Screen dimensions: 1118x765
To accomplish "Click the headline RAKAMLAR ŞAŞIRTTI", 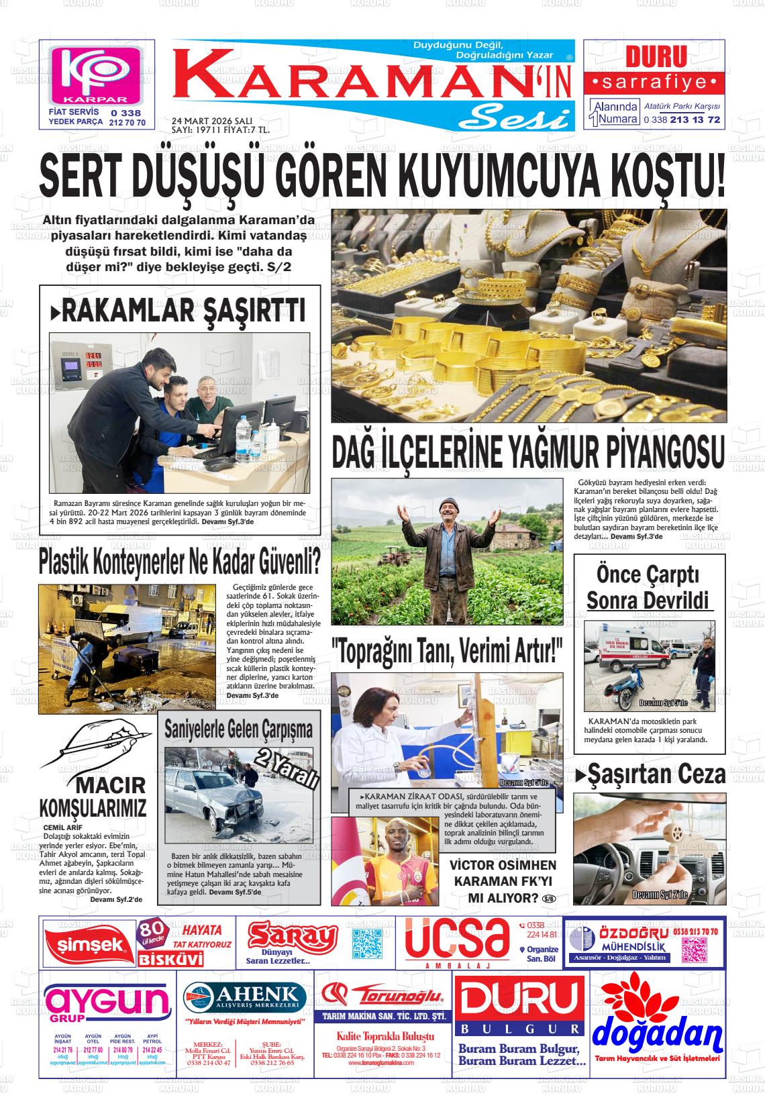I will point(178,310).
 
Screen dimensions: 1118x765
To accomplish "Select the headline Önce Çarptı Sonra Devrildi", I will point(649,587).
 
